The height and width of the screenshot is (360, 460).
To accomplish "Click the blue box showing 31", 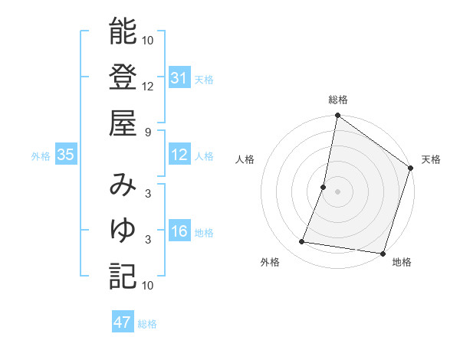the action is (x=179, y=78).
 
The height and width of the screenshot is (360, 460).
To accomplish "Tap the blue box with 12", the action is (x=179, y=155).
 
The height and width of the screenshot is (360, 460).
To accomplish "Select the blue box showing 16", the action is (x=179, y=232).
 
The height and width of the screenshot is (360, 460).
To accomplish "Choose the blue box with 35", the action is (x=65, y=155).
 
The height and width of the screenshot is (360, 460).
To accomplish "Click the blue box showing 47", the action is (x=123, y=322).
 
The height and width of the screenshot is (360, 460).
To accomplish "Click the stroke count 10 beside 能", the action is (x=148, y=40).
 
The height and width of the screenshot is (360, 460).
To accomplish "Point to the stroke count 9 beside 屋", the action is (x=147, y=132).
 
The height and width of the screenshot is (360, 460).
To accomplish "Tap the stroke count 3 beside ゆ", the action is (x=147, y=240).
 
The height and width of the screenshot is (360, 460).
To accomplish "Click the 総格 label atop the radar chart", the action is (x=337, y=100).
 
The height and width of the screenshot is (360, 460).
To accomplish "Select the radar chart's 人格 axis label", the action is (x=245, y=159).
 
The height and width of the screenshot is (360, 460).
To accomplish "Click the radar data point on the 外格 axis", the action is (x=302, y=242).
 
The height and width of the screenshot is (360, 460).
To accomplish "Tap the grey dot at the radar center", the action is (x=337, y=191).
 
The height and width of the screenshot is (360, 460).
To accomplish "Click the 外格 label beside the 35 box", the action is (x=41, y=156).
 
